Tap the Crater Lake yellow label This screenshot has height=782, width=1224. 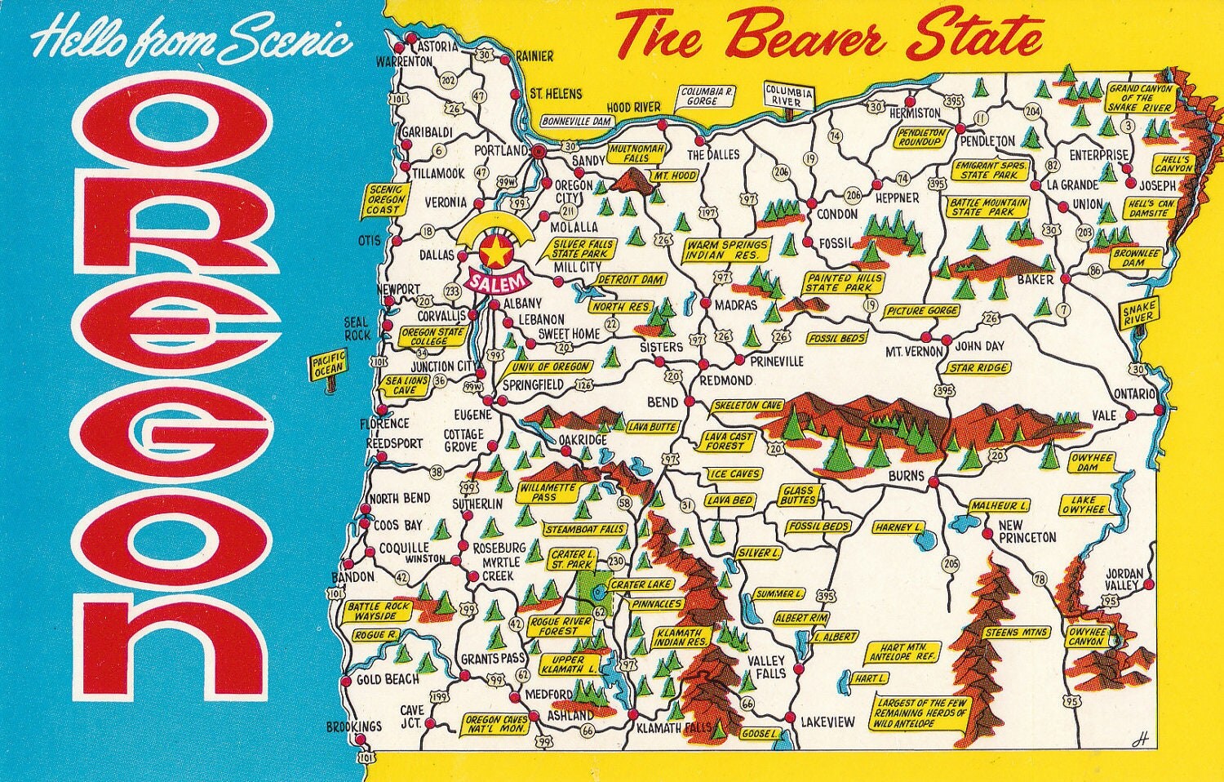pos(641,584)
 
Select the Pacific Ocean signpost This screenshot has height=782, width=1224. pos(329,364)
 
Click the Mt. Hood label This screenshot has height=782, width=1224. pos(673,176)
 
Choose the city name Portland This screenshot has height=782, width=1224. pos(500,151)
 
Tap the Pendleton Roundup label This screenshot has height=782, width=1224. pos(922,136)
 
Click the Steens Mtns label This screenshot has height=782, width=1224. pos(1016,633)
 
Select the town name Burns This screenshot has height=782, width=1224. pos(906,476)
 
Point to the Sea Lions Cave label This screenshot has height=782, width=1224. pos(406,385)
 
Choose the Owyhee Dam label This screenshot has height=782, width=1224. pos(1092,463)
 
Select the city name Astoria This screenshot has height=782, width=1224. pos(437,47)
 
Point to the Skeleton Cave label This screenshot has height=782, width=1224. pos(747,405)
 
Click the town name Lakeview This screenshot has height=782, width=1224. pos(827,722)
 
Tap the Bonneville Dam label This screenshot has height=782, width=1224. pos(577,121)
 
